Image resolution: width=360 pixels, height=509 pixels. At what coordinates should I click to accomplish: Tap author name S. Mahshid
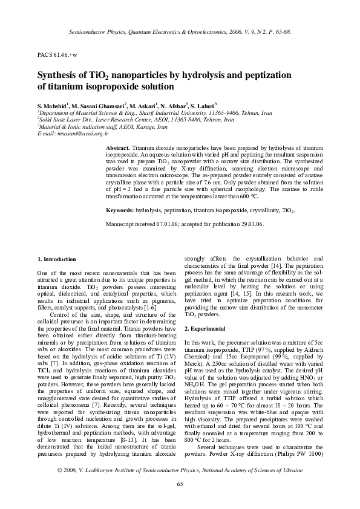[53, 105]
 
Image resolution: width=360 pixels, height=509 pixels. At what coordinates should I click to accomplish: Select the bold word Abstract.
[117, 148]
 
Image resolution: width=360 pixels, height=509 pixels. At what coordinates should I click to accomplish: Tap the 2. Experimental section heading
[208, 328]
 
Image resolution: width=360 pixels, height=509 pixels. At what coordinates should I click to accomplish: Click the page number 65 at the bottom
[180, 499]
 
